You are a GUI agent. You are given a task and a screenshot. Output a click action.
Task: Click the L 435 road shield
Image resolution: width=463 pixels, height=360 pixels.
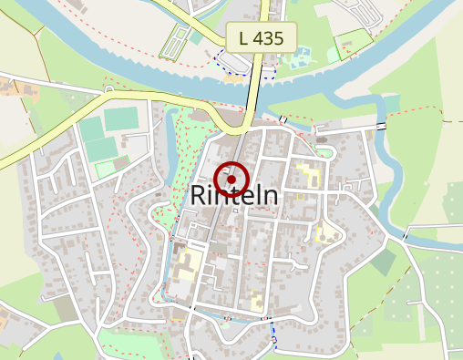point(262,38)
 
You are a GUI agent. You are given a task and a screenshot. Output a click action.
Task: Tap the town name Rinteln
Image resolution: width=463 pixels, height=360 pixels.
point(235,196)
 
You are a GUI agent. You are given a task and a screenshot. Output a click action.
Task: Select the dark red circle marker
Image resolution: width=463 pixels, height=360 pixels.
point(231,176)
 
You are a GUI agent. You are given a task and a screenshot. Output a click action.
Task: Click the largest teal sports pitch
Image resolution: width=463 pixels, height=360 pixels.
point(120,119)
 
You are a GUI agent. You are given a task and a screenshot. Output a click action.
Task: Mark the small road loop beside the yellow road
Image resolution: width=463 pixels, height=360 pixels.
point(108,90)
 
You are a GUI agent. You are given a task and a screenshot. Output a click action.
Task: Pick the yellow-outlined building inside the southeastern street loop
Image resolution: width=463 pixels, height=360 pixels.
point(326,232)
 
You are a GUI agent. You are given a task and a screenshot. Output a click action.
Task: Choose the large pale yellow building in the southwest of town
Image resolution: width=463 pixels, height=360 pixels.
point(189,267)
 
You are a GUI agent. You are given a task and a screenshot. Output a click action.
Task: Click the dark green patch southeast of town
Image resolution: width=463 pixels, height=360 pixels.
point(384,262)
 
